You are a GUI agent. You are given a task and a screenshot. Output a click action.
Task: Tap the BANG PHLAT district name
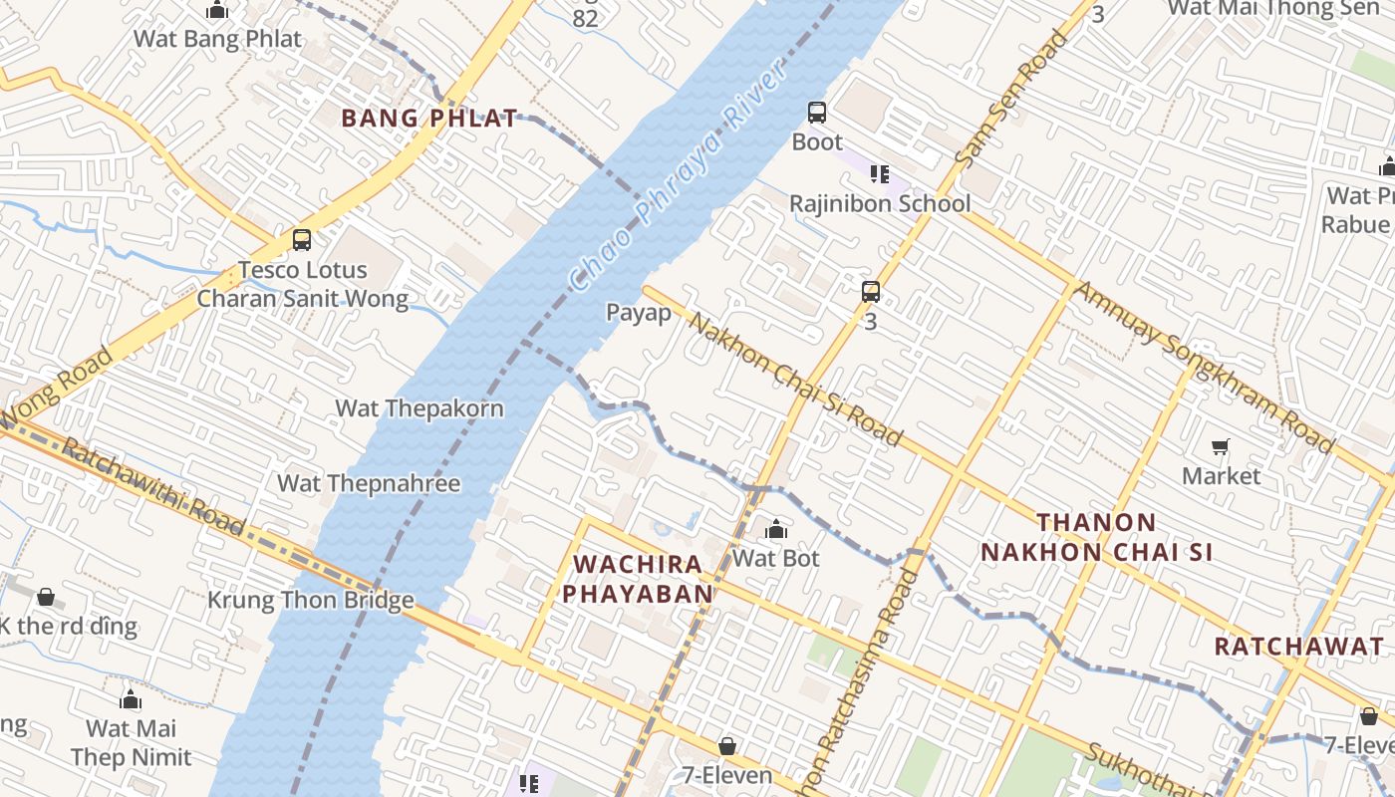pos(429,119)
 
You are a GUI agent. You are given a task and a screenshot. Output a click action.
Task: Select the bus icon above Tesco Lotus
pos(302,240)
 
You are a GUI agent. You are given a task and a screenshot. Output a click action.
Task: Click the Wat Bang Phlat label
pos(217,39)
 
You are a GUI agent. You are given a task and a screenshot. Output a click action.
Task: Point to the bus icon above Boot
pos(817,113)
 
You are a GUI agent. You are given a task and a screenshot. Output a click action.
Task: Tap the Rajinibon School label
pos(880,204)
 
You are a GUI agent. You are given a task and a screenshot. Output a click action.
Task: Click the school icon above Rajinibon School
pos(879,175)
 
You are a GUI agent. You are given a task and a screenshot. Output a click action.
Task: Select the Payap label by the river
pos(639,313)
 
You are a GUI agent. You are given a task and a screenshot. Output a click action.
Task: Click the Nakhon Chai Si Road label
pos(796,380)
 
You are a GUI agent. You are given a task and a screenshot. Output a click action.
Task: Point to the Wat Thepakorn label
pos(418,408)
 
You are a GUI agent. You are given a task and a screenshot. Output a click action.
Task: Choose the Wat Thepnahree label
pos(369,484)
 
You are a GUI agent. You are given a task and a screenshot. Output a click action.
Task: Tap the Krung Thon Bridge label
pos(310,601)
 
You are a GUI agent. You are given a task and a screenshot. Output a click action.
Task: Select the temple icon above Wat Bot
pos(776,529)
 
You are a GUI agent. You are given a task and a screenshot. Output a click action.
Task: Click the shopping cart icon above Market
pos(1221,447)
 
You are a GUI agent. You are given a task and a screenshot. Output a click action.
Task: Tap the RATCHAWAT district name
pos(1298,647)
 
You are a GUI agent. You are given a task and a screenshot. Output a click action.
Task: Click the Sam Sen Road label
pos(1011,100)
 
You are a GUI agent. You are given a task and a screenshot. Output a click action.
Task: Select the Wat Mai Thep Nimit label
pos(131,743)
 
